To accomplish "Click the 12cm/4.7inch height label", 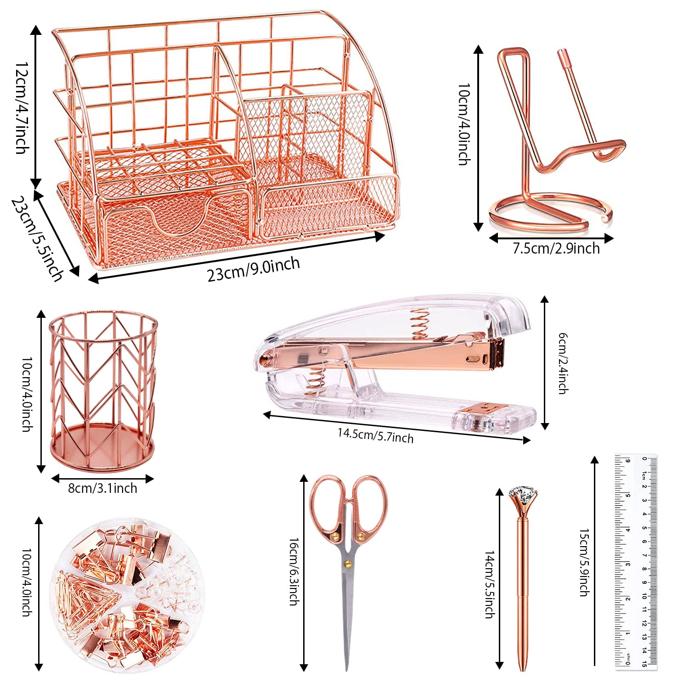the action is point(22,108).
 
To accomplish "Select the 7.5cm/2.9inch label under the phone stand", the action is point(556,248).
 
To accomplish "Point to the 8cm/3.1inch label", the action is point(102,488).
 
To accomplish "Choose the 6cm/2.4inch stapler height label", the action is point(562,363).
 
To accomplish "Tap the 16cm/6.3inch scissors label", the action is point(294,571).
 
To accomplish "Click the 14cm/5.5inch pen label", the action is point(490,584).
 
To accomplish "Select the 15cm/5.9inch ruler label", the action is point(584,562).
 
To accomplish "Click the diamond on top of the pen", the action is point(523,498).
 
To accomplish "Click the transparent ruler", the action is point(636,561).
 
